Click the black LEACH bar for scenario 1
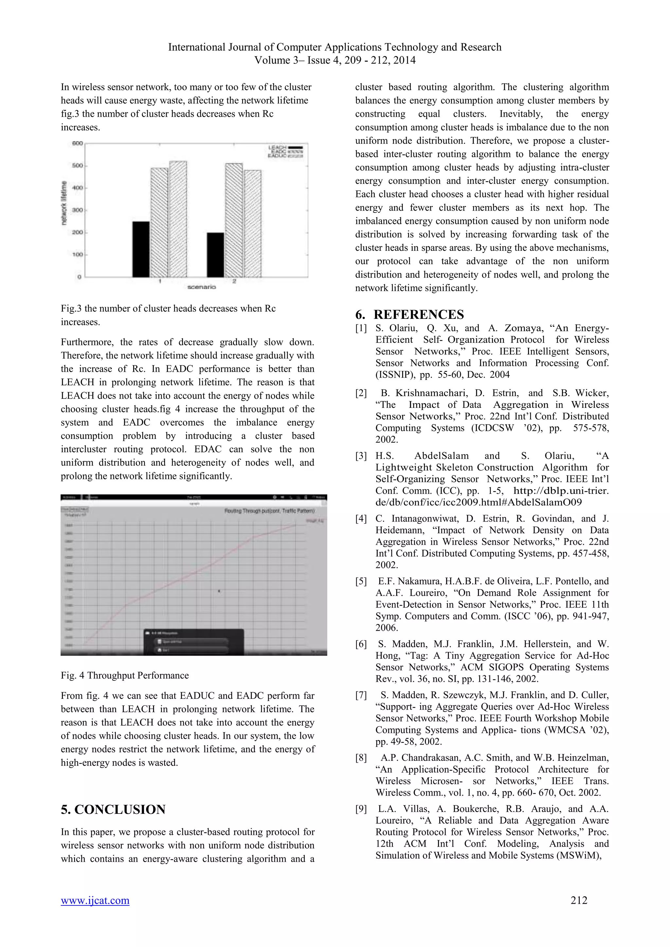click(141, 249)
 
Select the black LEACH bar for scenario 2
click(215, 254)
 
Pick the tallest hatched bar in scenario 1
click(178, 219)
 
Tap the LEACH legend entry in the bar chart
click(285, 147)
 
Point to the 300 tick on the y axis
click(78, 210)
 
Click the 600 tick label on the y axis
click(78, 144)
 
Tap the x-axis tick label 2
click(234, 281)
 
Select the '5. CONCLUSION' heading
click(113, 809)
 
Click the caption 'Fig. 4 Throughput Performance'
click(125, 675)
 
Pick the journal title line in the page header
click(335, 47)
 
